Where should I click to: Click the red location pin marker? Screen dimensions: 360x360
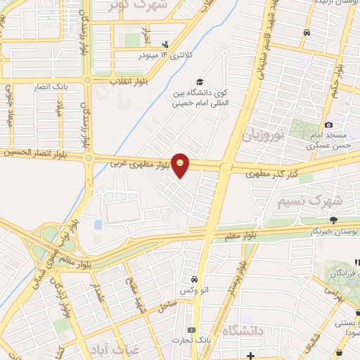click(x=181, y=165)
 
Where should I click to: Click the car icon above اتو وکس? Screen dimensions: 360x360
click(x=194, y=278)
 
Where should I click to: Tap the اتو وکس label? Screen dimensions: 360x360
click(x=194, y=290)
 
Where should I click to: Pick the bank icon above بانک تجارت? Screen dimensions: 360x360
click(x=191, y=330)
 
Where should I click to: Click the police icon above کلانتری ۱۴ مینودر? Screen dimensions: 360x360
click(x=165, y=44)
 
